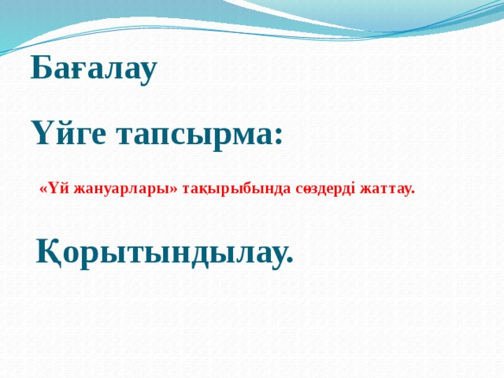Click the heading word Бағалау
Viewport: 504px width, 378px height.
click(x=94, y=70)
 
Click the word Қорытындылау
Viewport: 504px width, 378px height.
click(x=165, y=251)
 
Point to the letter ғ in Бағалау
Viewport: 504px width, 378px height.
click(x=75, y=72)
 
